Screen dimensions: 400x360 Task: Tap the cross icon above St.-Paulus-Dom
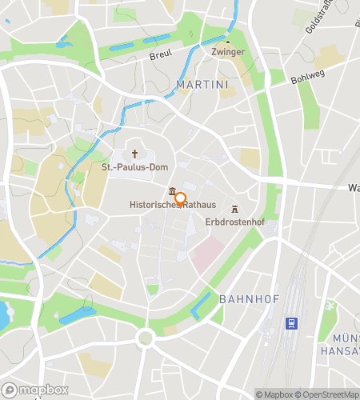click(x=135, y=154)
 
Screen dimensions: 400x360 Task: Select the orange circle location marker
click(x=180, y=199)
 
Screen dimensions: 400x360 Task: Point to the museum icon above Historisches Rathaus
click(x=173, y=192)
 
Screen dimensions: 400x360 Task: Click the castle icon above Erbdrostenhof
click(x=234, y=208)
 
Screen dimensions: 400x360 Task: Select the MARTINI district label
click(x=202, y=84)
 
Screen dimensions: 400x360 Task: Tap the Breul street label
click(x=161, y=57)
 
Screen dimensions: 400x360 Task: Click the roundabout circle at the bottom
click(x=145, y=338)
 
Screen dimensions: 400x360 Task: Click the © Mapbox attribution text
click(x=277, y=394)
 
